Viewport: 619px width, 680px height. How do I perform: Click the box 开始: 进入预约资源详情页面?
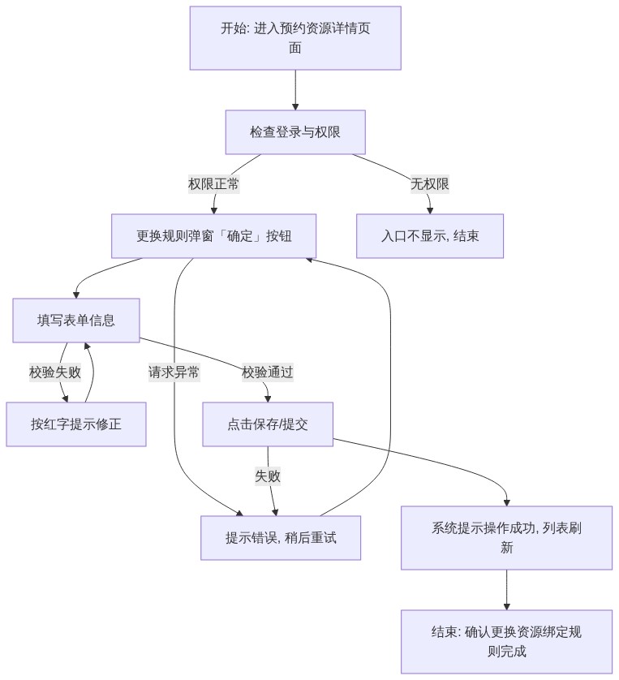pyautogui.click(x=295, y=37)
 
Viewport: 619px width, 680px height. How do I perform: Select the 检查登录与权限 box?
pyautogui.click(x=295, y=131)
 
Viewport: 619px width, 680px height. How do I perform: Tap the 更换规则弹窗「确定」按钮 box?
pyautogui.click(x=213, y=236)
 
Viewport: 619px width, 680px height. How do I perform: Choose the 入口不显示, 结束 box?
pyautogui.click(x=430, y=236)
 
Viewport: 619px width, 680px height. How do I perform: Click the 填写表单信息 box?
pyautogui.click(x=76, y=320)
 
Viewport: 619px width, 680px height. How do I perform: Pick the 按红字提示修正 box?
pyautogui.click(x=76, y=424)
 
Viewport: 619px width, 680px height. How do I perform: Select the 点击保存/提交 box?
pyautogui.click(x=268, y=424)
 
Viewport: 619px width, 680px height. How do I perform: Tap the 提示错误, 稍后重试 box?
pyautogui.click(x=281, y=538)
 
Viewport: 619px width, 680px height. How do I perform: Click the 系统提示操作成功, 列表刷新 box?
pyautogui.click(x=506, y=538)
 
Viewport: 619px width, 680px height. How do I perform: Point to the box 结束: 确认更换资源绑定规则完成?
pyautogui.click(x=506, y=641)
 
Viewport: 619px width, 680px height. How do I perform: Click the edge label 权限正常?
pyautogui.click(x=213, y=184)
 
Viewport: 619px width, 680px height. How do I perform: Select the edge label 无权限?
pyautogui.click(x=430, y=184)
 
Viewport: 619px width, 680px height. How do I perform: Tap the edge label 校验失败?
pyautogui.click(x=55, y=372)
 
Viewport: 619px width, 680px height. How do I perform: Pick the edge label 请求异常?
pyautogui.click(x=174, y=372)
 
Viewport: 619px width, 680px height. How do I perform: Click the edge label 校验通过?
pyautogui.click(x=268, y=372)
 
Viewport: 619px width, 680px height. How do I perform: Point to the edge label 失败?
pyautogui.click(x=268, y=476)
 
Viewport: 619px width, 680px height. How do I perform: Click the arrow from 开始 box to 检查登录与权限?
pyautogui.click(x=295, y=90)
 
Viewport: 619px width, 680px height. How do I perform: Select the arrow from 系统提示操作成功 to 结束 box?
pyautogui.click(x=506, y=590)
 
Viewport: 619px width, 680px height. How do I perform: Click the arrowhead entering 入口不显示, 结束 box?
pyautogui.click(x=430, y=211)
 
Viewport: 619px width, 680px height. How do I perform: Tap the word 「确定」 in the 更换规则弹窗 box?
pyautogui.click(x=239, y=236)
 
